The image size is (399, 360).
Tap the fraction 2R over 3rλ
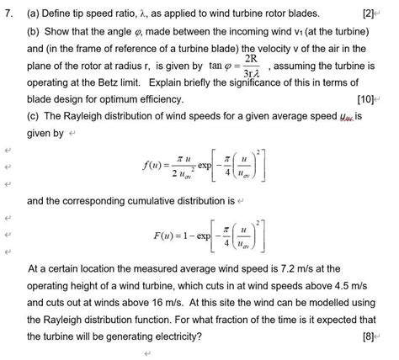point(242,67)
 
